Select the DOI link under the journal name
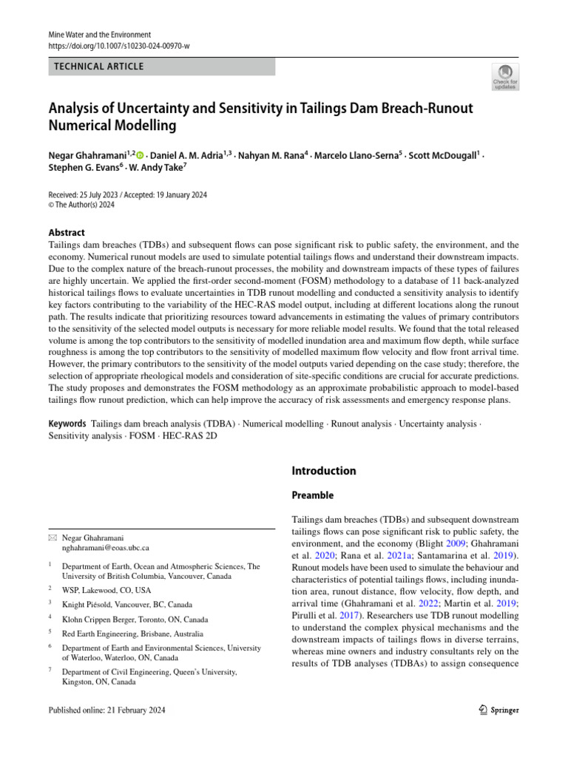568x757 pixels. [118, 46]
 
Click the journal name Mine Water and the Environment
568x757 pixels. [99, 35]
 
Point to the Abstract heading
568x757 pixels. [67, 232]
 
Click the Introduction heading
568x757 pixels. [324, 471]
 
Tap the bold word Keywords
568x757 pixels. [67, 424]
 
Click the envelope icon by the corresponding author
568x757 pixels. [51, 537]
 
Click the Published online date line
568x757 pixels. [106, 710]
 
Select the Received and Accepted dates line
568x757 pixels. [127, 194]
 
